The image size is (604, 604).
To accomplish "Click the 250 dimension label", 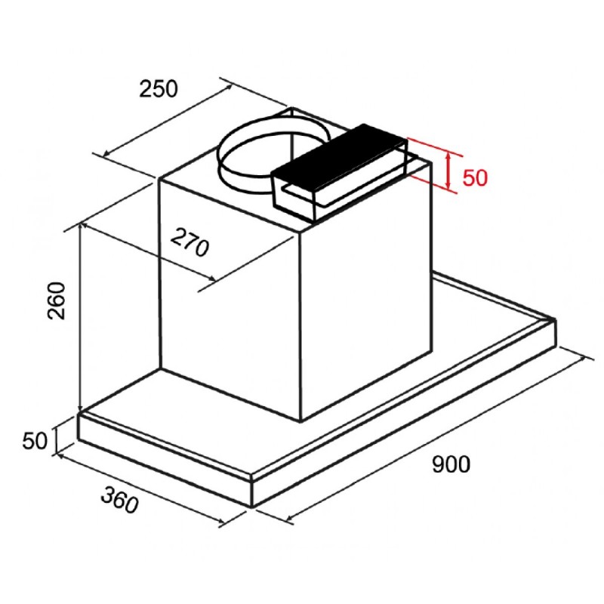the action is (x=159, y=89).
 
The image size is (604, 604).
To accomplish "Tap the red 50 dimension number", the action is (x=475, y=177).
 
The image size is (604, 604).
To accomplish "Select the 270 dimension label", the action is (x=190, y=242).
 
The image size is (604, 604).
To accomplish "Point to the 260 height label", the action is (x=57, y=300).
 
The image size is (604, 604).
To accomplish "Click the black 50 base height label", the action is (x=35, y=441).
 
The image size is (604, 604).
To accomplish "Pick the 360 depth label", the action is (x=120, y=500).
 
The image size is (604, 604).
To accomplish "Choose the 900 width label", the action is (x=451, y=464).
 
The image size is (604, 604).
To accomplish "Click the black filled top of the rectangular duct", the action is (x=339, y=153).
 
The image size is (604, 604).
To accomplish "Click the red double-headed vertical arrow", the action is (x=448, y=171).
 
